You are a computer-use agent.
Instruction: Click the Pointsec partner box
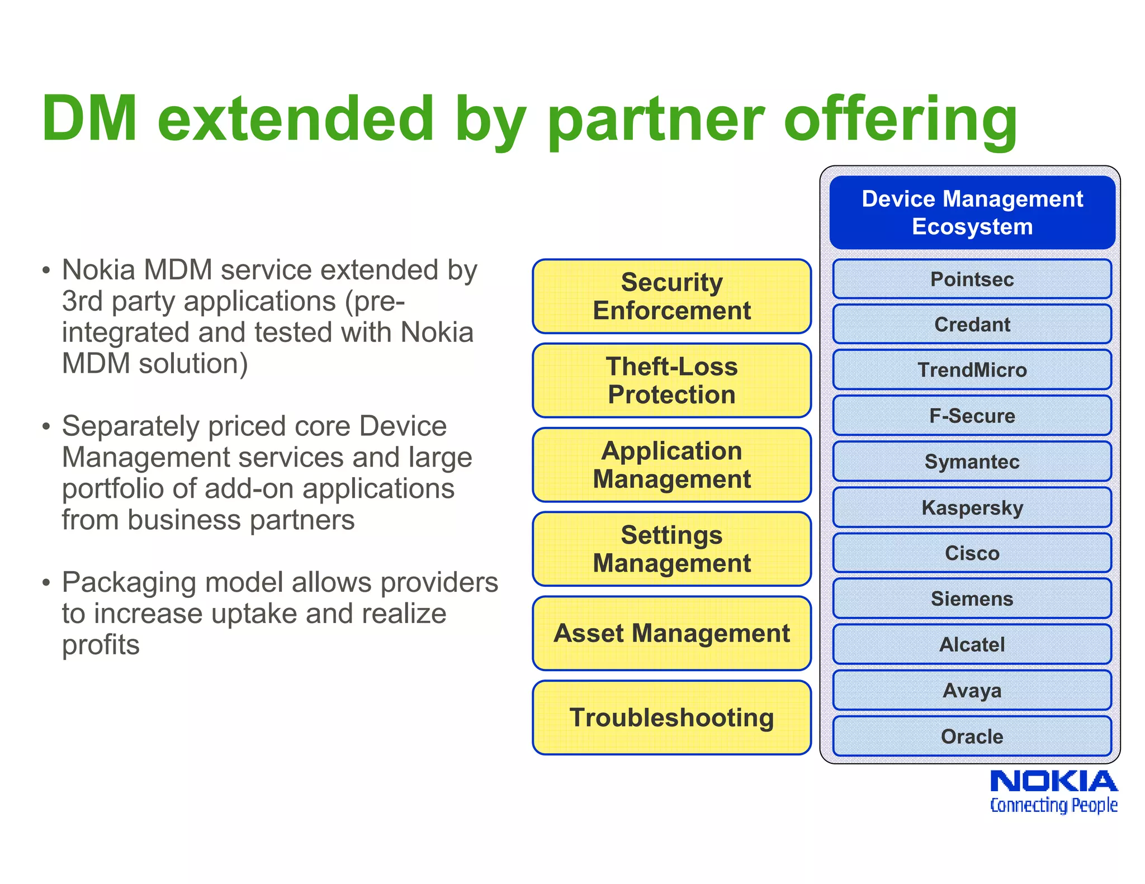coord(972,279)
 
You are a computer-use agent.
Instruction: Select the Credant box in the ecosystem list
coord(972,324)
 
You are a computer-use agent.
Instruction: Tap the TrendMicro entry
coord(972,370)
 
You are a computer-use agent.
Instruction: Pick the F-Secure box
coord(972,416)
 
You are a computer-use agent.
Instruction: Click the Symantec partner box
coord(972,462)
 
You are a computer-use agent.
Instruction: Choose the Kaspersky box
coord(972,507)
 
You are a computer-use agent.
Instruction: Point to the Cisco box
coord(972,553)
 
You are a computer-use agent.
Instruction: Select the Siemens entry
coord(972,599)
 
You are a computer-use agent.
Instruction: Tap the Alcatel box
coord(972,645)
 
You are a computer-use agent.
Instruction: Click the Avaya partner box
coord(972,691)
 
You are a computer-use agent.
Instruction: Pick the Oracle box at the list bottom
coord(972,736)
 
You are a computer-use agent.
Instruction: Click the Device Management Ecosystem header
coord(972,213)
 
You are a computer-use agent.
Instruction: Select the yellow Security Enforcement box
coord(671,296)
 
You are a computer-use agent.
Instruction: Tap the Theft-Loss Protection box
coord(671,381)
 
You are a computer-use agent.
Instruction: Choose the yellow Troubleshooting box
coord(671,717)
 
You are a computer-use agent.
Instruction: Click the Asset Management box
coord(671,633)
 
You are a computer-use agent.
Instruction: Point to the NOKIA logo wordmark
coord(1053,781)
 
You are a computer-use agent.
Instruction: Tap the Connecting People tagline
coord(1053,805)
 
